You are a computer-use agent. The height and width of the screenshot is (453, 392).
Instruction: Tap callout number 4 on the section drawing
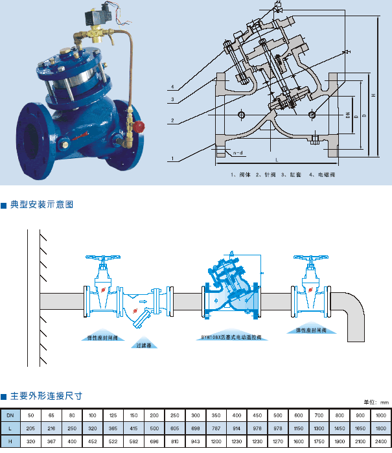pos(173,87)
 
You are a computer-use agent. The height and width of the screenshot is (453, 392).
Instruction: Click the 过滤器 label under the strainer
pos(144,345)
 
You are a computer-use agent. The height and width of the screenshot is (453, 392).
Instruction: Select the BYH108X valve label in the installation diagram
pos(232,338)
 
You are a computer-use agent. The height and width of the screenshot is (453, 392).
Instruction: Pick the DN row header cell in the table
pos(10,415)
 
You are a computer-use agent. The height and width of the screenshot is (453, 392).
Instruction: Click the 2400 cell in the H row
pos(381,441)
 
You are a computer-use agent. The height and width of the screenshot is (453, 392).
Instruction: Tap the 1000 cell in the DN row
pos(381,415)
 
